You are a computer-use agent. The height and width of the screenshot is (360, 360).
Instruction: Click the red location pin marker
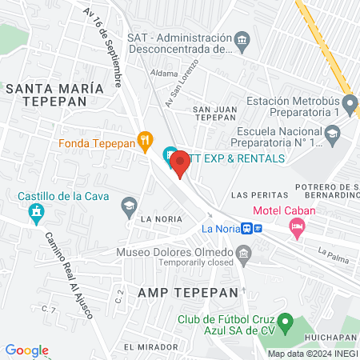pos(180,163)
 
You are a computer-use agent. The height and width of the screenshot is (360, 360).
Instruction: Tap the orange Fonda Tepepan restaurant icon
pos(145,142)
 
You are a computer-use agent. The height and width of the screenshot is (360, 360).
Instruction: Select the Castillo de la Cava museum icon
pos(34,213)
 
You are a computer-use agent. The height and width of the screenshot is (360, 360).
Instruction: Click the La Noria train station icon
pos(249,228)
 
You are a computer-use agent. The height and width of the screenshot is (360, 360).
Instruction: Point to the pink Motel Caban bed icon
pos(298,228)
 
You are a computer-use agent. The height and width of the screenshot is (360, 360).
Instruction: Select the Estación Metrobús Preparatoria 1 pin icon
pos(350,102)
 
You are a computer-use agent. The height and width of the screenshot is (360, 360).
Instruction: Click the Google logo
pos(27,350)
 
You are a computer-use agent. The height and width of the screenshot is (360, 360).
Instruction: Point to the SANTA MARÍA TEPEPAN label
pos(54,95)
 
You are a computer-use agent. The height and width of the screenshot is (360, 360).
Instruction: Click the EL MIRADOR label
pos(150,347)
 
